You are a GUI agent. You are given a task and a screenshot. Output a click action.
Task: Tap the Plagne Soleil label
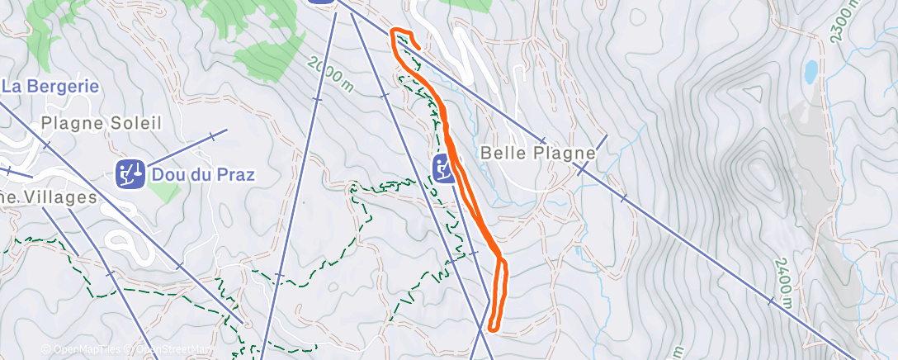pos(101,123)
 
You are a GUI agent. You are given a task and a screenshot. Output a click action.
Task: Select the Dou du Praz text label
pos(202,174)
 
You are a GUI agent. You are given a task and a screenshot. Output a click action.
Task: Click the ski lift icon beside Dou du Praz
pos(130,174)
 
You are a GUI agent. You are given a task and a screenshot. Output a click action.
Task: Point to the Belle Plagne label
pos(537,154)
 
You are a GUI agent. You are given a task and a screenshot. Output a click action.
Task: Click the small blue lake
pos(811,73)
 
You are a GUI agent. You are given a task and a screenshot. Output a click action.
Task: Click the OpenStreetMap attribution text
pos(169,349)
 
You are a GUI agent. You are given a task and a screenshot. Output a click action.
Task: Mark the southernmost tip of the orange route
pos(492,328)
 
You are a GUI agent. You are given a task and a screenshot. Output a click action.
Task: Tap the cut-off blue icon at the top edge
pos(323,2)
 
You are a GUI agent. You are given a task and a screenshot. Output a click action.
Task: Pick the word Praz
pos(234,174)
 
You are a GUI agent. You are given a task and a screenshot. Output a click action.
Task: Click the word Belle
pos(503,154)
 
